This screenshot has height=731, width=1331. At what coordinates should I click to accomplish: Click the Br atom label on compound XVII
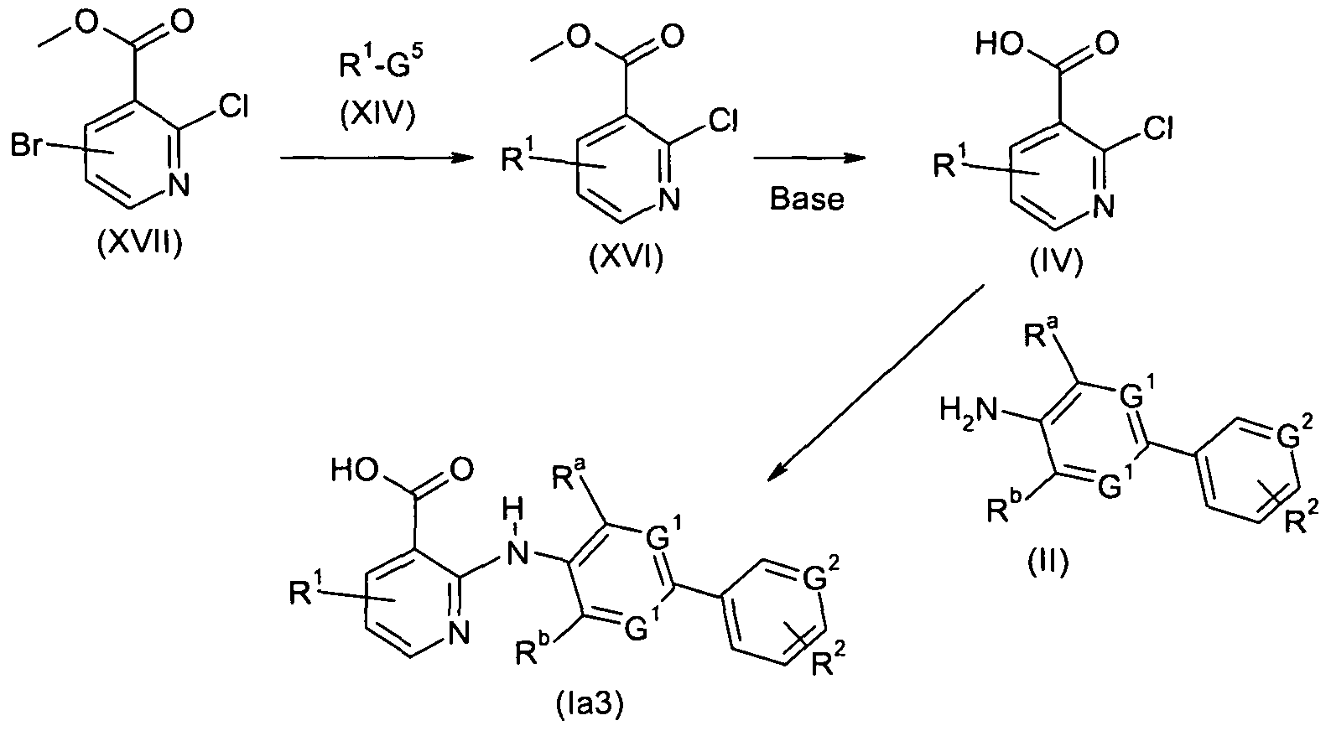(28, 146)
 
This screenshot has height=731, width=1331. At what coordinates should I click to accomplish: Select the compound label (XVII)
(139, 243)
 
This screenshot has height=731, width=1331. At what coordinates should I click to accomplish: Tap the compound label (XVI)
(626, 257)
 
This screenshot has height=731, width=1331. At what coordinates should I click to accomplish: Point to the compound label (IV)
(1057, 262)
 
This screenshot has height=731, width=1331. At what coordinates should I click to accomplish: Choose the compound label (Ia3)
(590, 706)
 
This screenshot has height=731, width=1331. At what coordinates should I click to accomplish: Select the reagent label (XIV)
(378, 114)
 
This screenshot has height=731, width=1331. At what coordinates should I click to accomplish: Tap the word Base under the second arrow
(807, 199)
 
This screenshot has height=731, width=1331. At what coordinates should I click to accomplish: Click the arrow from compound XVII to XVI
(377, 158)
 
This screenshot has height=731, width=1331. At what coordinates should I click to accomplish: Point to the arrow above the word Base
(809, 158)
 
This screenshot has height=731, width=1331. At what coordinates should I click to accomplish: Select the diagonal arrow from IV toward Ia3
(875, 383)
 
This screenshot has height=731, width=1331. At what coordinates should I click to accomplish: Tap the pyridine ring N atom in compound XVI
(669, 199)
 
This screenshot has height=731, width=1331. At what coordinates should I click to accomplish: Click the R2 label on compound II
(1302, 516)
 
